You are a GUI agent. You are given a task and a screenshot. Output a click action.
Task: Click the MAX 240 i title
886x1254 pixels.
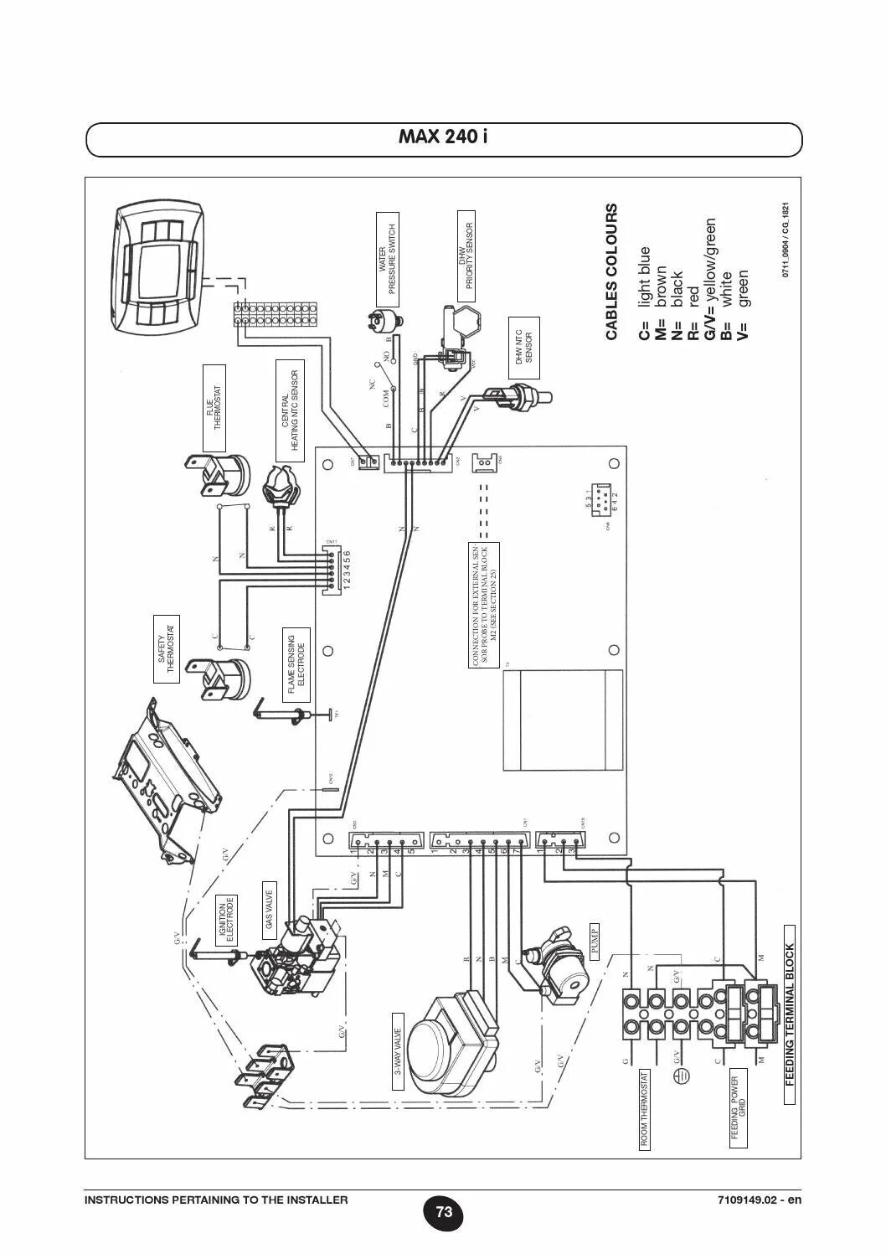[x=444, y=136]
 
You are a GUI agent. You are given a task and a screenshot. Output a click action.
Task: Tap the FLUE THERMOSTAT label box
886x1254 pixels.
[x=214, y=409]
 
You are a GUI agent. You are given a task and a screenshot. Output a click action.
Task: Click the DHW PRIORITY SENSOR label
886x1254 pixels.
[x=467, y=255]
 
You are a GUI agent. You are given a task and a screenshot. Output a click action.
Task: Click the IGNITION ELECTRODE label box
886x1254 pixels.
[x=227, y=920]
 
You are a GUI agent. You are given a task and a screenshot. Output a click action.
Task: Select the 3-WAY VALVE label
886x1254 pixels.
[x=399, y=1051]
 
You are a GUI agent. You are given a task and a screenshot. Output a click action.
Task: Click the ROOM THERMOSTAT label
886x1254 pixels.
[x=645, y=1108]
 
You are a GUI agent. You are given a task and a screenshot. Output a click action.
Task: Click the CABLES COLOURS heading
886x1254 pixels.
[x=611, y=272]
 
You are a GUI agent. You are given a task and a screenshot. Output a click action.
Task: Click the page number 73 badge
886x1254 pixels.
[x=444, y=1212]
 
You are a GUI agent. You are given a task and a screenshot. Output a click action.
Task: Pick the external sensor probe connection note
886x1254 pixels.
[x=484, y=605]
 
